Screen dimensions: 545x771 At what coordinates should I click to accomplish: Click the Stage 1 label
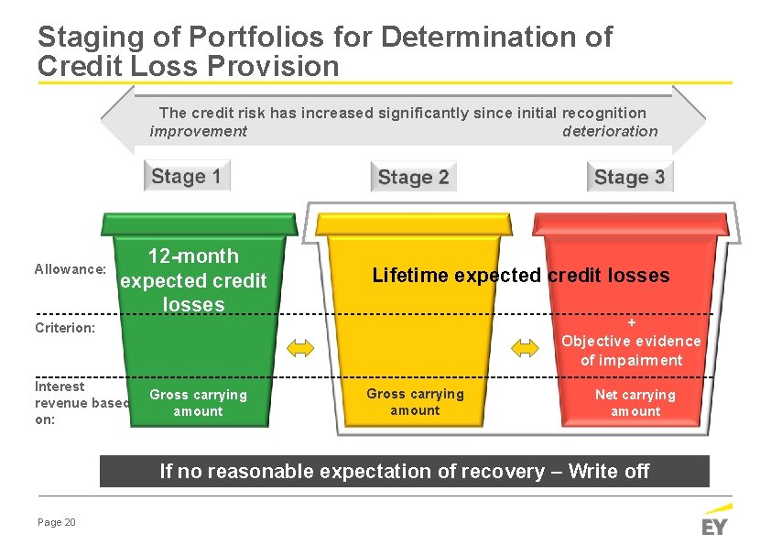coord(186,176)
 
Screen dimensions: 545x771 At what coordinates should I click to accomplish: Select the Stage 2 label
coord(413,177)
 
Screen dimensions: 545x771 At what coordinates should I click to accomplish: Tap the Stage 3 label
coord(629,177)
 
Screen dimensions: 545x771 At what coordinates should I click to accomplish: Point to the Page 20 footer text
coord(57,522)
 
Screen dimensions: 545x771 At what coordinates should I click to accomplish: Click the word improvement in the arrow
coord(199,131)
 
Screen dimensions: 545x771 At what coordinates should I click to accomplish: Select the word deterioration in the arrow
coord(609,131)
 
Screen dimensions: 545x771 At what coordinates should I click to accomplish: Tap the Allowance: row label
coord(71,269)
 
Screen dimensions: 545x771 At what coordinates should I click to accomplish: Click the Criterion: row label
coord(65,327)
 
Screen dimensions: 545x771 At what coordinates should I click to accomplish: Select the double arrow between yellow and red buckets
coord(526,347)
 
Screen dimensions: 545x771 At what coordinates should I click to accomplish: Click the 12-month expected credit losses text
coord(193,280)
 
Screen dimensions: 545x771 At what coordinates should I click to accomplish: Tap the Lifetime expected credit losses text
coord(520,275)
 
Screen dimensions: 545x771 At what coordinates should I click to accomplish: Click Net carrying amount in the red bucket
coord(635,403)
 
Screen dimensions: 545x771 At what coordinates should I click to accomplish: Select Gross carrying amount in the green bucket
coord(198,403)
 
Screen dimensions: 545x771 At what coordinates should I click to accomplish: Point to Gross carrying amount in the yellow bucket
coord(415,402)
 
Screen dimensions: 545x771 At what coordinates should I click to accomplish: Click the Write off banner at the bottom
coord(404,472)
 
